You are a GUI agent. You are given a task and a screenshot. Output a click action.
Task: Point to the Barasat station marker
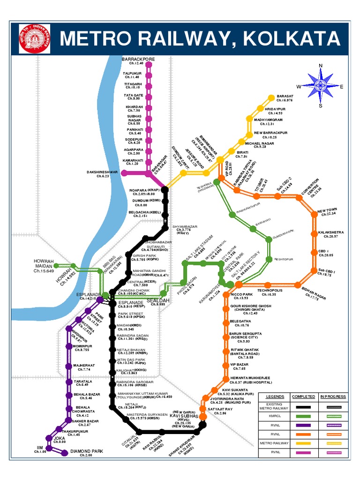click(271, 97)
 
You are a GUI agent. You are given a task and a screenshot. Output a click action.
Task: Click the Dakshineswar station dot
click(124, 173)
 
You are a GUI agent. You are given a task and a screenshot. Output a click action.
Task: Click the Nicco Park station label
click(241, 295)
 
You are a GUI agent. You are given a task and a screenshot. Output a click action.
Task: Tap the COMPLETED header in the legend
click(303, 397)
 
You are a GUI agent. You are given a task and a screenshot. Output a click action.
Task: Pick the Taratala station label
click(82, 382)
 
